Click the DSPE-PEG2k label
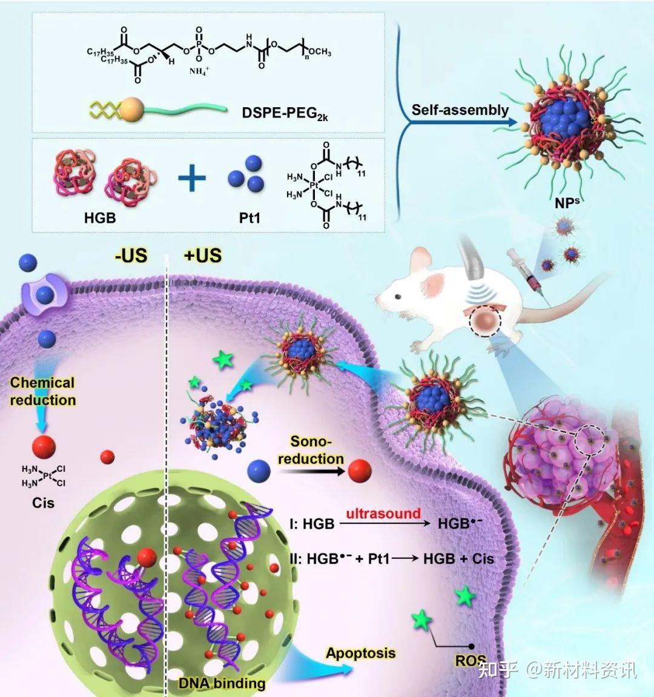[285, 113]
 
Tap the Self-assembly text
[460, 110]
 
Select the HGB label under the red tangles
[100, 218]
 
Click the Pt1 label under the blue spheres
[249, 218]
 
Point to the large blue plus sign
[192, 177]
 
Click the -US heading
[131, 256]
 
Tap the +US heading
[203, 256]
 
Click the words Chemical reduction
[42, 391]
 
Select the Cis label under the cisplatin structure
[43, 503]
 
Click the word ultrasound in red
[383, 514]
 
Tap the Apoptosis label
[360, 653]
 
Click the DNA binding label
[222, 683]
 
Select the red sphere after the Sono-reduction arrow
[360, 471]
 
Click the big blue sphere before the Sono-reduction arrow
[259, 471]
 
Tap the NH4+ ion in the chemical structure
[199, 71]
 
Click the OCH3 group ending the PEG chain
[320, 52]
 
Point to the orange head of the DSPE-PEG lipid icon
[132, 110]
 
